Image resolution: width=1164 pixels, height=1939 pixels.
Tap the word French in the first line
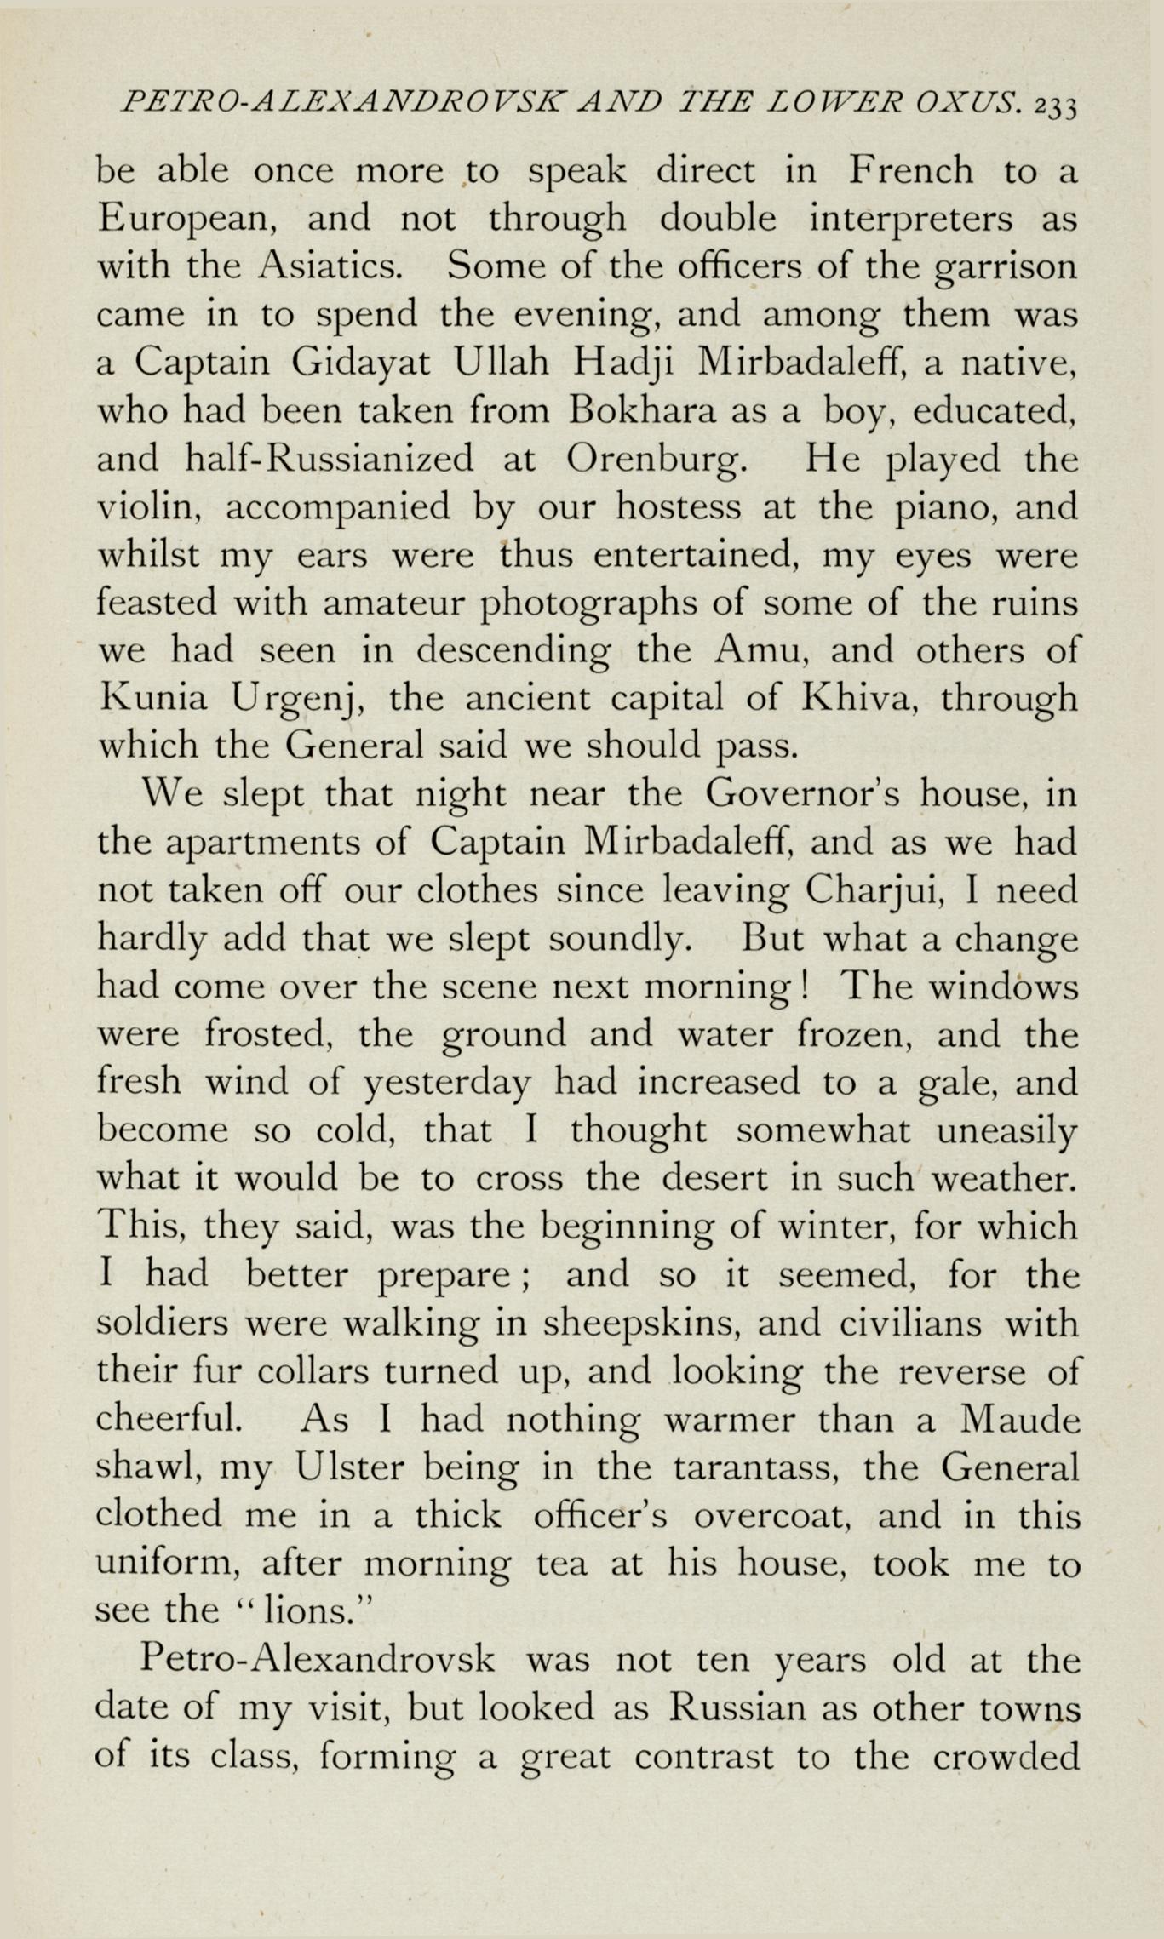coord(910,171)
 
